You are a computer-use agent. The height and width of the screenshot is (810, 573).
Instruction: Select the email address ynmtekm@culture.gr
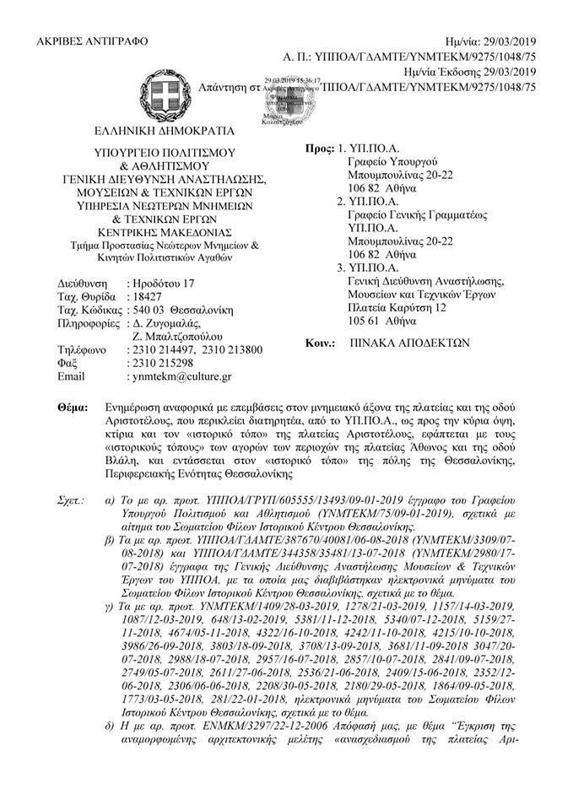pos(181,375)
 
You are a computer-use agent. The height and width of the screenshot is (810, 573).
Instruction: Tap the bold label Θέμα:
pos(72,408)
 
